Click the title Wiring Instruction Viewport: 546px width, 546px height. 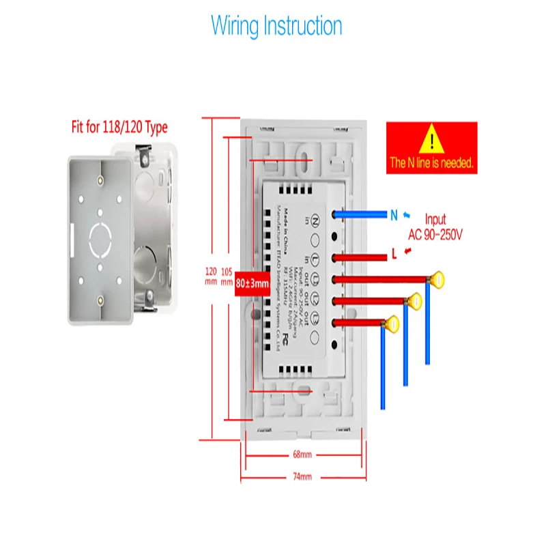276,26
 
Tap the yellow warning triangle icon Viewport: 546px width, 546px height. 431,140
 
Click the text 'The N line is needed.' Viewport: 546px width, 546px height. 431,163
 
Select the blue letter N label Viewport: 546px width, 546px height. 394,215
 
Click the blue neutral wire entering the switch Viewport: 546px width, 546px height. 362,214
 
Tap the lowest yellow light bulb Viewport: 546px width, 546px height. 392,323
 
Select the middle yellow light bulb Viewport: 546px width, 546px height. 414,300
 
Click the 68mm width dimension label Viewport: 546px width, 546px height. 302,455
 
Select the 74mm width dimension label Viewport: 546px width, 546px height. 302,476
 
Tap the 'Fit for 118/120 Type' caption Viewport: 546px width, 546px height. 120,127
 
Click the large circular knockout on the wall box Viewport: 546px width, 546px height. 100,236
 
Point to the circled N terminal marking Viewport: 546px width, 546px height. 315,220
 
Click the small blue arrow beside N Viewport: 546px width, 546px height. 407,214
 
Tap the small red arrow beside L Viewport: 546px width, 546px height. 408,254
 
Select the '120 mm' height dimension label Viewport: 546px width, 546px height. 211,276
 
